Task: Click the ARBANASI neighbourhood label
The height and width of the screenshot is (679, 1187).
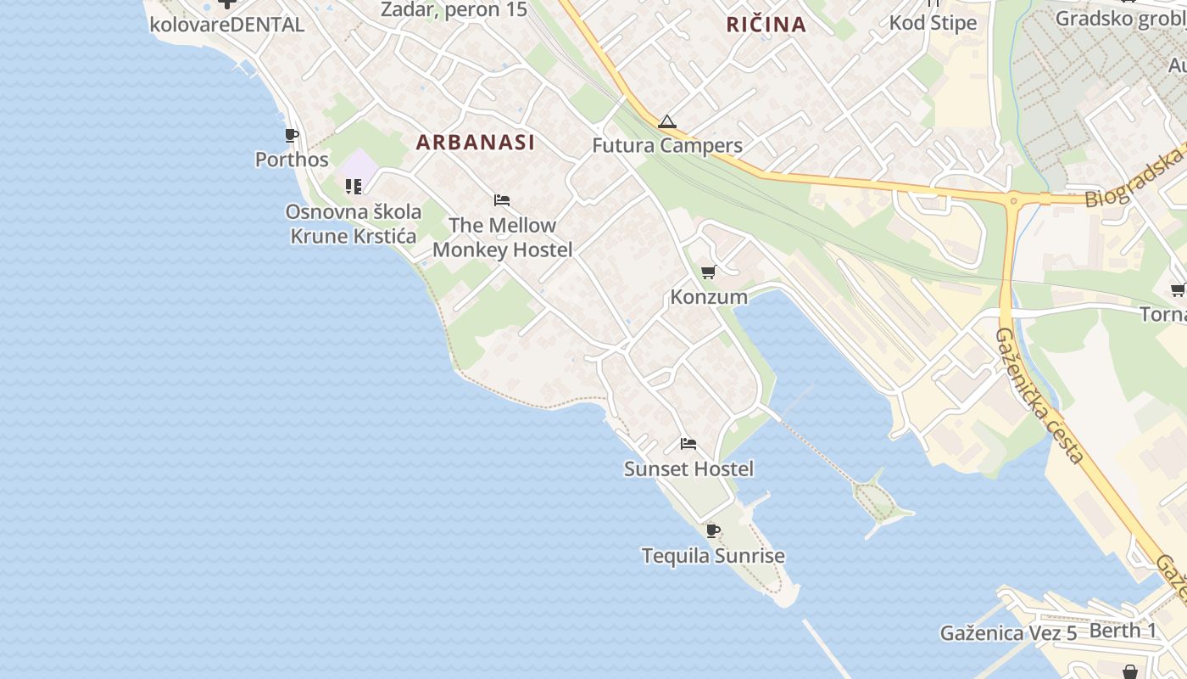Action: [476, 143]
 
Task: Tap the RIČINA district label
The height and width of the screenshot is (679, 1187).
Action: [766, 25]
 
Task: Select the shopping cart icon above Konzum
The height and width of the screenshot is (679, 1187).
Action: [708, 272]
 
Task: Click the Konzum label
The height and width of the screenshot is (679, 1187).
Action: [709, 296]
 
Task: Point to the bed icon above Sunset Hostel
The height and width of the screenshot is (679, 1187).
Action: [688, 444]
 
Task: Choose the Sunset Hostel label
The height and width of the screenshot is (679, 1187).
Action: [688, 469]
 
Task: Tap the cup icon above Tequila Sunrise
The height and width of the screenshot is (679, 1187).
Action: [713, 531]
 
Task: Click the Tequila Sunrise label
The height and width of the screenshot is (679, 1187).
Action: [713, 556]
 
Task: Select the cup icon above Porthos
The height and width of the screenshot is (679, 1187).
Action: [292, 135]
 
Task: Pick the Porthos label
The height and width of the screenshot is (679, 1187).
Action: [292, 160]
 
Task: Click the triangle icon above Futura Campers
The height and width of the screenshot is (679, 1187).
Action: [667, 121]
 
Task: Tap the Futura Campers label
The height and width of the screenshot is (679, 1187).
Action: [667, 145]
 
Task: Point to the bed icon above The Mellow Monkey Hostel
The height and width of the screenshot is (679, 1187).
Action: [502, 201]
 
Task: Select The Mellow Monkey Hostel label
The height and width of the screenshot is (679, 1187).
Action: [503, 238]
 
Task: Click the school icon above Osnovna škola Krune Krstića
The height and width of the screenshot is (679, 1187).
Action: [354, 187]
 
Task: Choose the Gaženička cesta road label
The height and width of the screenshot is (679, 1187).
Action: [1039, 395]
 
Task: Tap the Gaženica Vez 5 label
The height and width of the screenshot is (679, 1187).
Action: [1008, 633]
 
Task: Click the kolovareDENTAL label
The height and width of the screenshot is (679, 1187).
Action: [226, 25]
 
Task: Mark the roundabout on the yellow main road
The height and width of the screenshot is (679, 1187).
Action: [1012, 202]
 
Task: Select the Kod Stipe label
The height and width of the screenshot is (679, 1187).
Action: [933, 22]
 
